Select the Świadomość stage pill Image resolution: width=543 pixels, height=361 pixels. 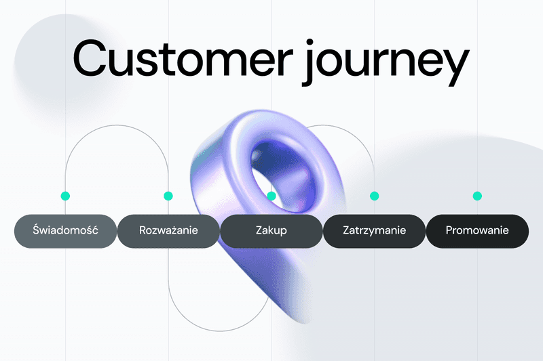point(65,231)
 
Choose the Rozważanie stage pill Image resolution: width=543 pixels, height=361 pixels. point(168,231)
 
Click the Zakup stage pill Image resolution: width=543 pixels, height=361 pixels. point(271,231)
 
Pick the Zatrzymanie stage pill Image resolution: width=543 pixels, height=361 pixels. point(374,231)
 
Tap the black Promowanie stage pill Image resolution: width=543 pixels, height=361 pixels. point(477,231)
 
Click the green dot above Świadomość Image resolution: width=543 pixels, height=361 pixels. point(65,196)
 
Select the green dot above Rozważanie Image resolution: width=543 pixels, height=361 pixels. point(168,196)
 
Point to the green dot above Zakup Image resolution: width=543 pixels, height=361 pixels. point(271,196)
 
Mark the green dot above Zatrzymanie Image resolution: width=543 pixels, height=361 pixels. point(374,196)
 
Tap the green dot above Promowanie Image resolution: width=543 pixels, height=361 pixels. point(477,196)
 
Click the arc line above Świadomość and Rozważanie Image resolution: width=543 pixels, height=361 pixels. point(117,125)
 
